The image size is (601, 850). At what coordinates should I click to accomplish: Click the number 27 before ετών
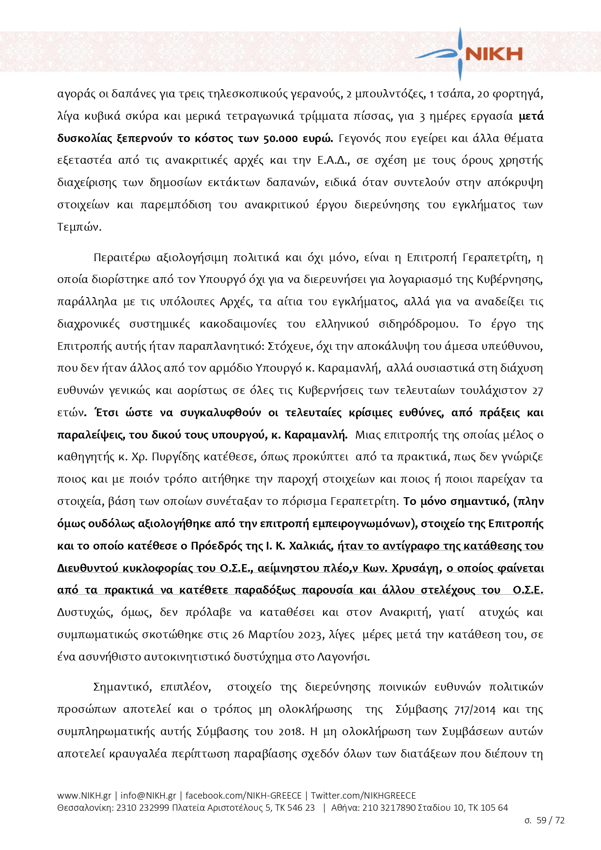[537, 391]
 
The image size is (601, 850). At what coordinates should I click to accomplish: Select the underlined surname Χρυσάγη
[416, 568]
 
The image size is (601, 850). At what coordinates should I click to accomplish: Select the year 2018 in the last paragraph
[291, 732]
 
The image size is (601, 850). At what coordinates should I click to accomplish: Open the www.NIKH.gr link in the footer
[84, 795]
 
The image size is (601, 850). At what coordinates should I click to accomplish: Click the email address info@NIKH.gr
[148, 795]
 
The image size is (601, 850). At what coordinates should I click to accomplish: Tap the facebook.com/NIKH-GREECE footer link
[243, 795]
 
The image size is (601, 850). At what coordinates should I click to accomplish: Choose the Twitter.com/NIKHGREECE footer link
[363, 795]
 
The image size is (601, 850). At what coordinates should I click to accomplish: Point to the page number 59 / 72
[551, 820]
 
